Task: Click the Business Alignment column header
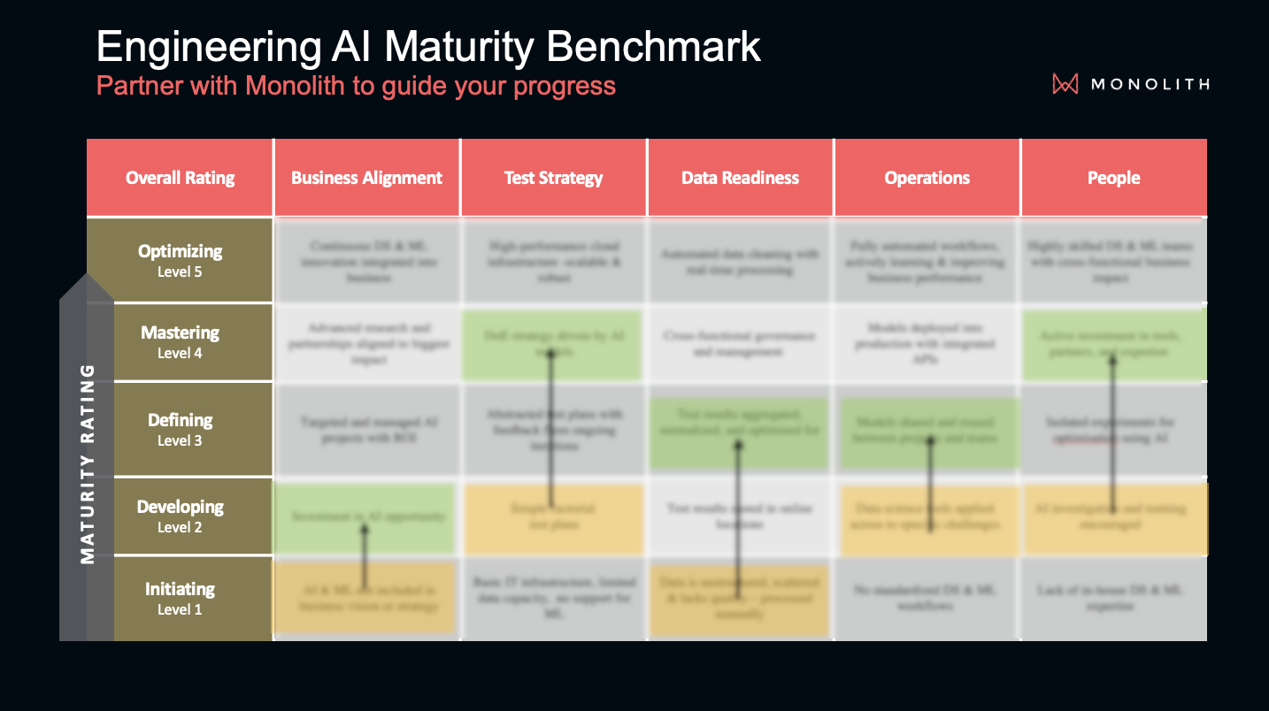pyautogui.click(x=366, y=178)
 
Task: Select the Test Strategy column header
pyautogui.click(x=553, y=178)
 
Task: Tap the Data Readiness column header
pyautogui.click(x=740, y=178)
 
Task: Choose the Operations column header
pyautogui.click(x=927, y=178)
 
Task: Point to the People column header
pyautogui.click(x=1113, y=178)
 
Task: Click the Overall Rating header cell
pyautogui.click(x=180, y=178)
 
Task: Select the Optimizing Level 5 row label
pyautogui.click(x=180, y=260)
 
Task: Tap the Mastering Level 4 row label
pyautogui.click(x=180, y=341)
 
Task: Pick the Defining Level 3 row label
pyautogui.click(x=180, y=429)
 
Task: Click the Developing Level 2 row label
pyautogui.click(x=180, y=516)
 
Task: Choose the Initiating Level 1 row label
pyautogui.click(x=180, y=598)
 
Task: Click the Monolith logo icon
pyautogui.click(x=1065, y=84)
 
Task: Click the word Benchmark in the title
pyautogui.click(x=654, y=46)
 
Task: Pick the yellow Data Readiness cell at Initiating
pyautogui.click(x=740, y=598)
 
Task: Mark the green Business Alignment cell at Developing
pyautogui.click(x=364, y=517)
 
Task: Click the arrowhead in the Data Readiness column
pyautogui.click(x=738, y=445)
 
